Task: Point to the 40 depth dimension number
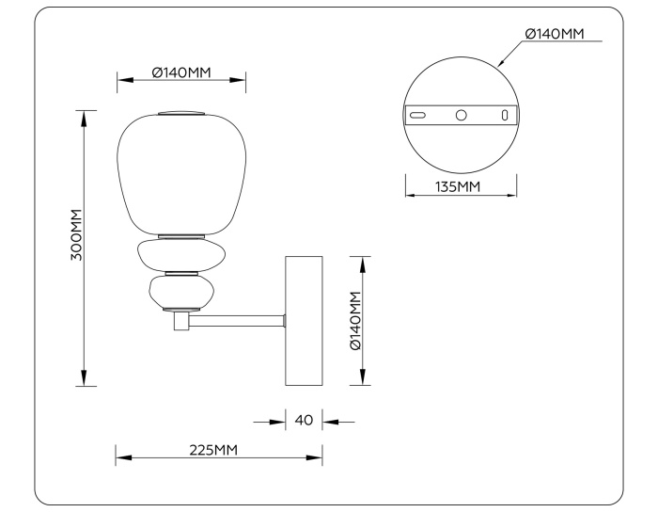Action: coord(304,421)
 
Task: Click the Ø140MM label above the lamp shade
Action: coord(181,73)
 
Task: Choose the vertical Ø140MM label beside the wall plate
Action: coord(355,320)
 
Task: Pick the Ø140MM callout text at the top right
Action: coord(554,34)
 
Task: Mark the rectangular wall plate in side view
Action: coord(304,320)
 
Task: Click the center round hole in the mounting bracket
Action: coord(461,115)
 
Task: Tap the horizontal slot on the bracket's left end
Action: coord(417,115)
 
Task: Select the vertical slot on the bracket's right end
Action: coord(505,115)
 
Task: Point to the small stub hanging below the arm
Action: coord(180,322)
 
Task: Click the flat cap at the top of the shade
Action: coord(180,113)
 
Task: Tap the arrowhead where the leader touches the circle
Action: coord(502,63)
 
